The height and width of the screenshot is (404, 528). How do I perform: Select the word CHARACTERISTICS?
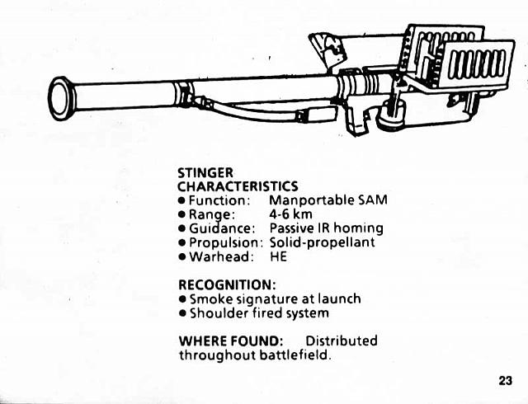pos(238,187)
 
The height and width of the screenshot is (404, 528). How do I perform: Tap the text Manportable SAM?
pos(328,200)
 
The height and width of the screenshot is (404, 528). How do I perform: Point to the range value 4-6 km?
pos(291,214)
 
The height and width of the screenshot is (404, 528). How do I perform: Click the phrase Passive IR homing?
pos(326,228)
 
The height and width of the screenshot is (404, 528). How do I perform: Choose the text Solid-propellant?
pos(323,242)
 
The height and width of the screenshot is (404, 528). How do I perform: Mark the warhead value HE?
pos(278,256)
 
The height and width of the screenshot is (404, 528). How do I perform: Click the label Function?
pos(219,200)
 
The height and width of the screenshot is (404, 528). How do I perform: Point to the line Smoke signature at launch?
pos(276,298)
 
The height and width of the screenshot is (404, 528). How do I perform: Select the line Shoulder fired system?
pos(259,312)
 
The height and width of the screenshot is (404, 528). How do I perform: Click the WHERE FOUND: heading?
pos(231,341)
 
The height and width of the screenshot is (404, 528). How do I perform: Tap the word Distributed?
pos(342,341)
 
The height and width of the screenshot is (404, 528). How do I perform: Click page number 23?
pos(506,380)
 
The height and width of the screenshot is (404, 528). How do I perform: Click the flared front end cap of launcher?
pos(61,96)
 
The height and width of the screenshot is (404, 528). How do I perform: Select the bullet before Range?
pos(182,215)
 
